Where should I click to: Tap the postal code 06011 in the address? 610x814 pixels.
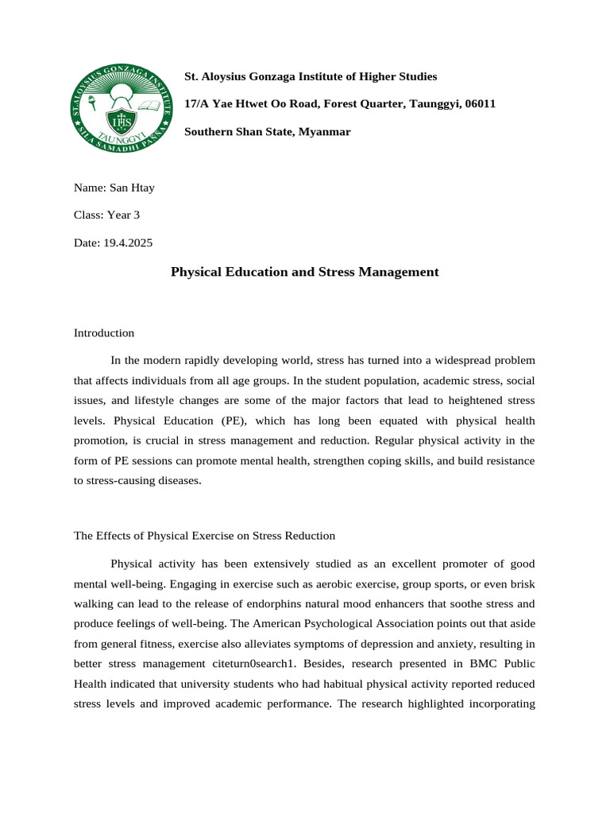480,104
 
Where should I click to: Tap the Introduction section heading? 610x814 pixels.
104,333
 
